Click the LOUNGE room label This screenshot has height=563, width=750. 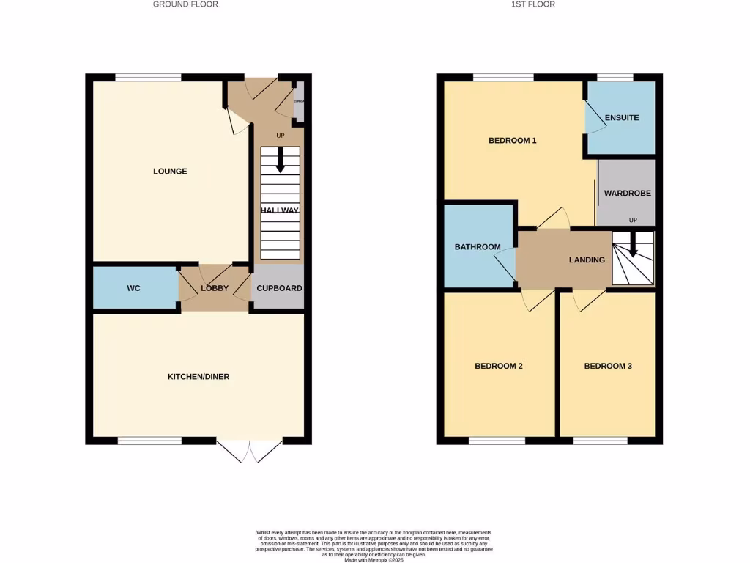tap(170, 172)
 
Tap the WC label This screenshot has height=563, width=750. tap(133, 289)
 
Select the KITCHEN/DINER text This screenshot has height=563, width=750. tap(198, 377)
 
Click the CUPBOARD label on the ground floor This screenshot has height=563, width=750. tap(279, 289)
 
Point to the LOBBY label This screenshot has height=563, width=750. tap(215, 289)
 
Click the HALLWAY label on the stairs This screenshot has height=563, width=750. tap(280, 211)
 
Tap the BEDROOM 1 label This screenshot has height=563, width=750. tap(513, 140)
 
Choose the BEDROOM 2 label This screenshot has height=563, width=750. tap(498, 366)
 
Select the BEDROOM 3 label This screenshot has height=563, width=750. tap(608, 366)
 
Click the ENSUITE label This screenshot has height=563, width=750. tap(622, 118)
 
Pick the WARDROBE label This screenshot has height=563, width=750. tap(627, 194)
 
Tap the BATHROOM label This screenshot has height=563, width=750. tap(478, 247)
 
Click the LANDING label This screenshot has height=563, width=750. tap(587, 260)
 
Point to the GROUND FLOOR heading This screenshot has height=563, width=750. tap(185, 4)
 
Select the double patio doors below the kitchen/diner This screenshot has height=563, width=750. tap(249, 450)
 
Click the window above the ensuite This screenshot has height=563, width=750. tap(615, 77)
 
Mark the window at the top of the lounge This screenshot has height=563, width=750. tap(148, 77)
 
